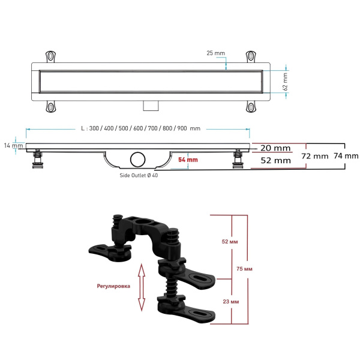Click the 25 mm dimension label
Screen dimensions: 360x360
(x=215, y=53)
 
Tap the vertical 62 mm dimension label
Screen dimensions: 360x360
(x=285, y=82)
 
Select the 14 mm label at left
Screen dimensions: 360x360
(x=13, y=145)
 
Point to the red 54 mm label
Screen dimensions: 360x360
(x=188, y=160)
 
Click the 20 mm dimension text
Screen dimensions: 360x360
(x=275, y=148)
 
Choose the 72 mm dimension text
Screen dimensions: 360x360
(x=315, y=156)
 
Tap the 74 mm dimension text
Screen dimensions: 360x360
(x=346, y=156)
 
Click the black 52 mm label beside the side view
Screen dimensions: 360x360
(x=276, y=160)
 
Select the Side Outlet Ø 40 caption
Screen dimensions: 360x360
(x=139, y=175)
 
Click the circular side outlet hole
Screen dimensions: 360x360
(x=138, y=160)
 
